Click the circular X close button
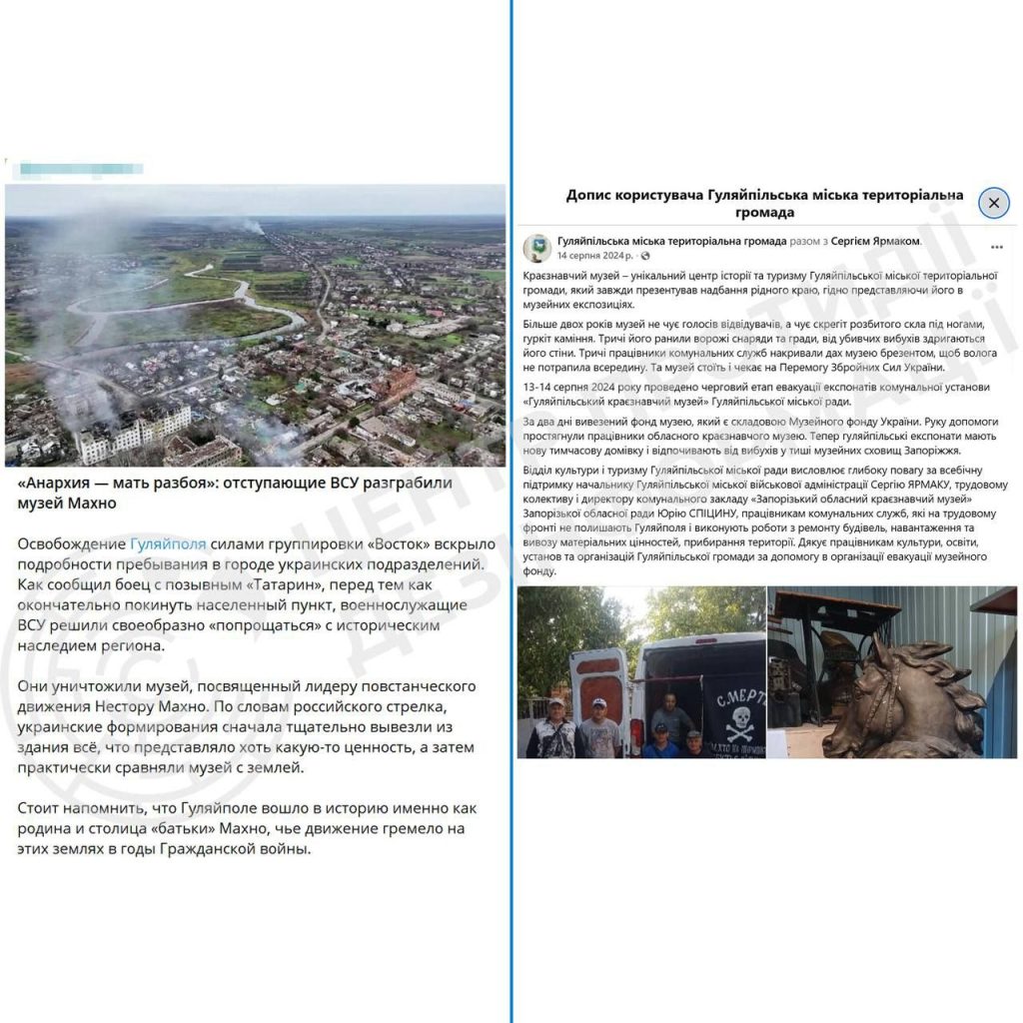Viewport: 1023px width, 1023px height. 993,203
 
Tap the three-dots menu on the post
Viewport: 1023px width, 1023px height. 996,247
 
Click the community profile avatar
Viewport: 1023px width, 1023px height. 537,248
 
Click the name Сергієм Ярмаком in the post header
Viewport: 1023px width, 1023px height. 875,242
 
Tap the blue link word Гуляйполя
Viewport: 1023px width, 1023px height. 169,543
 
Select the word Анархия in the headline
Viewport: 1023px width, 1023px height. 58,483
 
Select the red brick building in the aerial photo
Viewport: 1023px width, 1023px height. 395,384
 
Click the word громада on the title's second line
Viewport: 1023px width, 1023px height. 765,213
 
